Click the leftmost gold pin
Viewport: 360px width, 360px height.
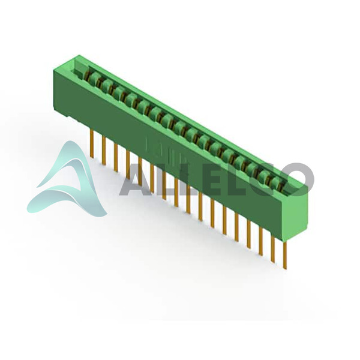(x=92, y=144)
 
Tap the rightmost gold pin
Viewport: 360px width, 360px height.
(x=284, y=256)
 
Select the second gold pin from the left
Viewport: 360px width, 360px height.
(x=104, y=151)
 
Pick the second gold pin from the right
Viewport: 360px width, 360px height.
(x=273, y=249)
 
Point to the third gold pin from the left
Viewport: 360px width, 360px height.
(x=116, y=157)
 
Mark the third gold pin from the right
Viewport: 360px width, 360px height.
(x=261, y=242)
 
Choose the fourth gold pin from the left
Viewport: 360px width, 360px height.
(x=128, y=164)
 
